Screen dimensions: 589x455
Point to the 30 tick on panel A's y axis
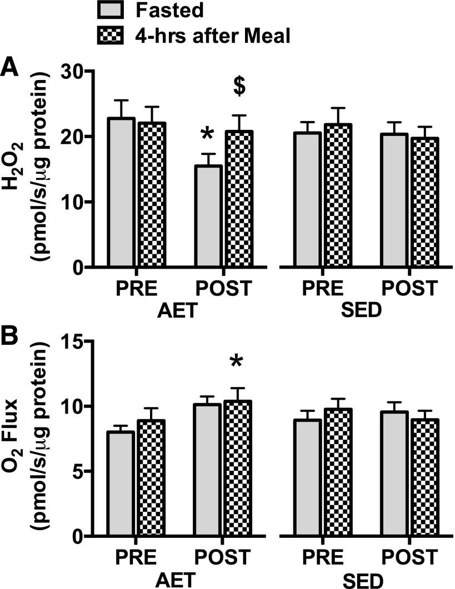pos(76,72)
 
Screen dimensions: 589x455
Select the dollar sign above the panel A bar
pos(239,87)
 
